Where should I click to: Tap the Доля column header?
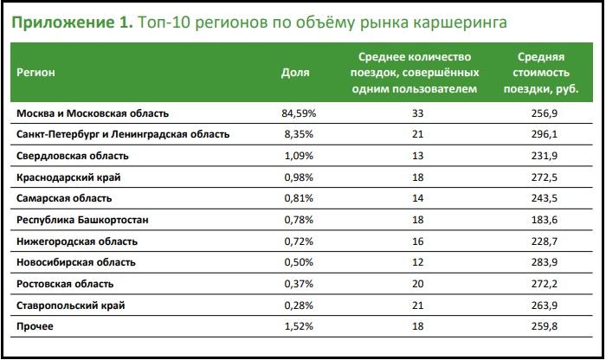click(295, 73)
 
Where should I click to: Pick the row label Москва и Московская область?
click(93, 113)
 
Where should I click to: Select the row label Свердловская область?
click(73, 156)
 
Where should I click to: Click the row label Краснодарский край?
click(68, 177)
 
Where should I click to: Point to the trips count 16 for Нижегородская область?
click(418, 241)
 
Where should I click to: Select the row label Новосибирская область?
click(77, 262)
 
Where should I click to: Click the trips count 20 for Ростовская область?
click(418, 284)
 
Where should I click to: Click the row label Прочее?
click(35, 326)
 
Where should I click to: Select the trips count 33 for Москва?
click(418, 113)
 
